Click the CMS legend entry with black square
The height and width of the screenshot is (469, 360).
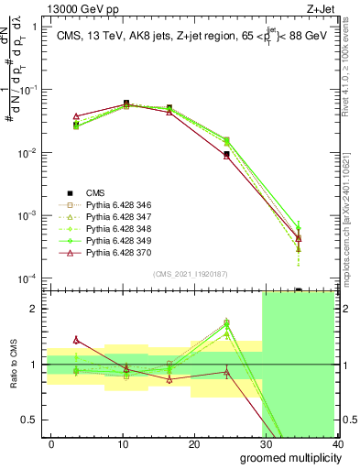[95, 192]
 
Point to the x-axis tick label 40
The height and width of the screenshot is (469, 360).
[337, 444]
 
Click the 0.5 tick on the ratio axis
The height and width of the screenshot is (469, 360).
[32, 420]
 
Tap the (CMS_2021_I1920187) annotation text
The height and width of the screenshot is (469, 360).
[191, 274]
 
